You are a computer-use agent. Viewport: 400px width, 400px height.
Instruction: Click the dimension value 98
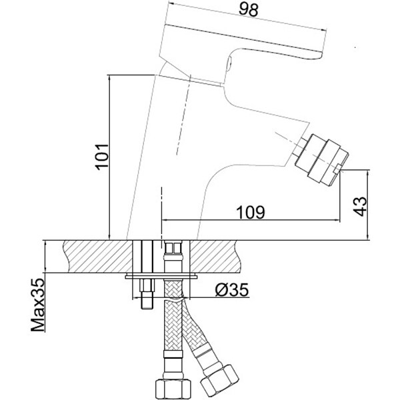tap(249, 10)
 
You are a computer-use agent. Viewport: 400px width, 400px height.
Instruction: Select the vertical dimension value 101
tap(102, 157)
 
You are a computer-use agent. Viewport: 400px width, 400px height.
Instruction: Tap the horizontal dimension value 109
tap(251, 212)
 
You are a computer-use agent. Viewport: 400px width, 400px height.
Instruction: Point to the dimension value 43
tap(361, 206)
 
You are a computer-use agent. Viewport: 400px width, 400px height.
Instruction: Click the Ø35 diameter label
tap(231, 290)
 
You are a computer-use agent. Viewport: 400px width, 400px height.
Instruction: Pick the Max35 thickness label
tap(37, 305)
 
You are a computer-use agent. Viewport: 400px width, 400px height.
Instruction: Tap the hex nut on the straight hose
tap(173, 389)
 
